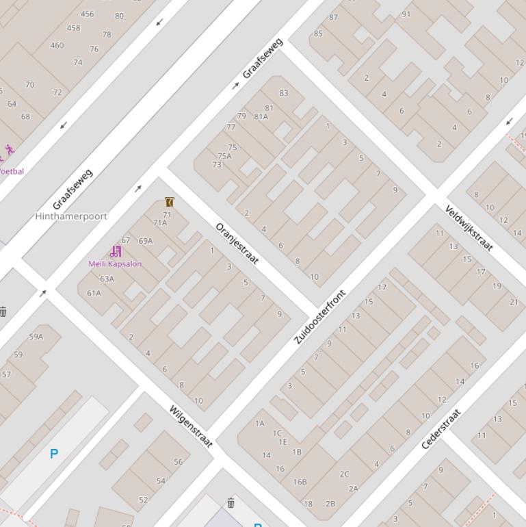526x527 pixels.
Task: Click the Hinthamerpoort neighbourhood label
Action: [71, 216]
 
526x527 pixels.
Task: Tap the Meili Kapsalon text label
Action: [115, 263]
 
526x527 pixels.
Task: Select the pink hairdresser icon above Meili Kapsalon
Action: [116, 252]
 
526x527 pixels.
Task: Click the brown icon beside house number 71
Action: [170, 202]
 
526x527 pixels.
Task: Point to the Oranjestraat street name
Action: [237, 244]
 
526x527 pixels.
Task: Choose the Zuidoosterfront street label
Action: [320, 317]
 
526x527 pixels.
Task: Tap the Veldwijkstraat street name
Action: [469, 228]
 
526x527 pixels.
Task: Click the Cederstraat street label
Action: [441, 429]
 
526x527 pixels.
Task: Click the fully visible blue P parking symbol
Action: [54, 453]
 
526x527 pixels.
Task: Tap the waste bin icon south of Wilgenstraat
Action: [231, 503]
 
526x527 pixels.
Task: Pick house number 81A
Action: [261, 116]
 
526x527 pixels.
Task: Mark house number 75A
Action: [224, 156]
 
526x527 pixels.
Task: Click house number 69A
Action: [146, 241]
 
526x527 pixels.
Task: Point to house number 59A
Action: [36, 337]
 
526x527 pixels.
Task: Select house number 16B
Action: [300, 482]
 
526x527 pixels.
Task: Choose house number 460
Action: [57, 46]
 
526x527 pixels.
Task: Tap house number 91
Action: [406, 14]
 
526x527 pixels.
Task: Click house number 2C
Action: [344, 474]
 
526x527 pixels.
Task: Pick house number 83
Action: [284, 93]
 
